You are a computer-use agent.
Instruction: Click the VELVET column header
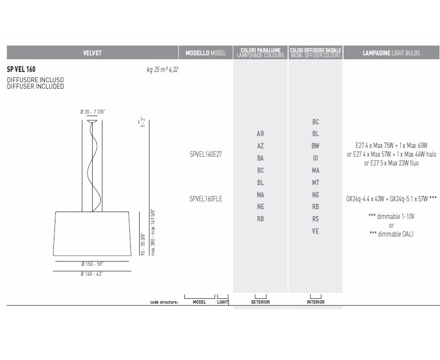[92, 53]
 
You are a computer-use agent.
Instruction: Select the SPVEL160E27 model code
[206, 154]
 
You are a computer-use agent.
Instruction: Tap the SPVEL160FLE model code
[206, 199]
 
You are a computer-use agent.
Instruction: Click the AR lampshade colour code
[260, 134]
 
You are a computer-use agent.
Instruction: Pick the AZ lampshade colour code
[260, 146]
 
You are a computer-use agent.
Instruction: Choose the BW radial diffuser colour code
[316, 146]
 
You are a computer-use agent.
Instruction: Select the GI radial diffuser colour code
[316, 158]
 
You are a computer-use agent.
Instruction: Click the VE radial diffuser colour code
[316, 231]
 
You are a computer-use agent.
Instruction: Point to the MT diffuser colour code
[316, 183]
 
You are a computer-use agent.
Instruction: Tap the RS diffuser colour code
[316, 219]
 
